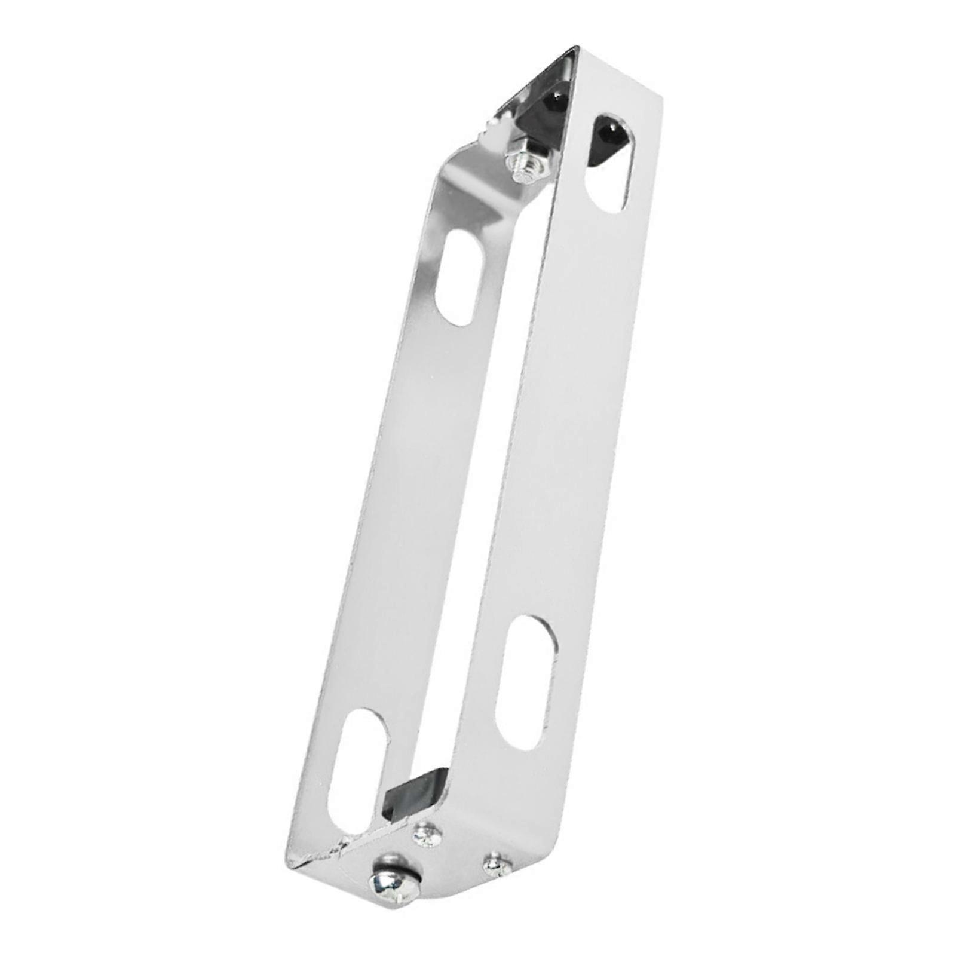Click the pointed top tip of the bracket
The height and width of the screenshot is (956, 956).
click(x=577, y=47)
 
